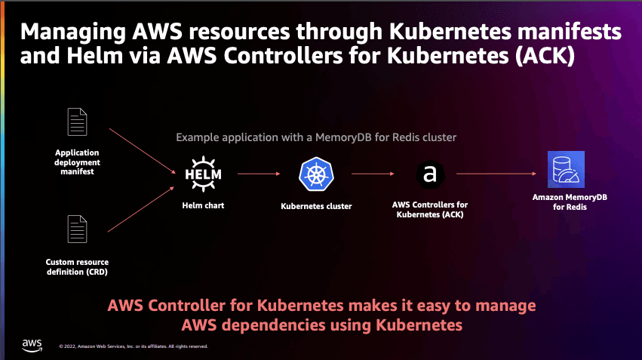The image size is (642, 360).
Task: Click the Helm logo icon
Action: [x=203, y=174]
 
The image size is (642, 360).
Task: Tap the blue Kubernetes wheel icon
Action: [x=316, y=174]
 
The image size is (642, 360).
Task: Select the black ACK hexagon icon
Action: [x=430, y=174]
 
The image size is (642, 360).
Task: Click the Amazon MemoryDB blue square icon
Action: [x=567, y=169]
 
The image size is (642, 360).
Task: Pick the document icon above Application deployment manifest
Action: [x=78, y=122]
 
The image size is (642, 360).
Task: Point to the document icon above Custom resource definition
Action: [x=78, y=229]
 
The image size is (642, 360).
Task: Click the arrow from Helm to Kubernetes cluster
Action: [x=259, y=174]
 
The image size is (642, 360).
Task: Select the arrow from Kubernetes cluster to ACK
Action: [x=373, y=174]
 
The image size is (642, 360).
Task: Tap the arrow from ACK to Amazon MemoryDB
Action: [x=496, y=174]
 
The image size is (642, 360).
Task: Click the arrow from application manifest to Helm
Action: [x=143, y=151]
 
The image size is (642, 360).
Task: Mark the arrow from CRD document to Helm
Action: [x=141, y=209]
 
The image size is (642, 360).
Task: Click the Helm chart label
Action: [x=203, y=205]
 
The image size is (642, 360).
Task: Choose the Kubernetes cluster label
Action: [x=316, y=206]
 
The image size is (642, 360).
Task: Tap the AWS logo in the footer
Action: [x=32, y=345]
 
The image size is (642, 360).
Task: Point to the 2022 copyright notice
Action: [x=134, y=346]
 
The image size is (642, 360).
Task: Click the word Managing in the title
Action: [x=73, y=32]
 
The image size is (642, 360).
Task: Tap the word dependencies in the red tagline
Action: [x=274, y=325]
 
